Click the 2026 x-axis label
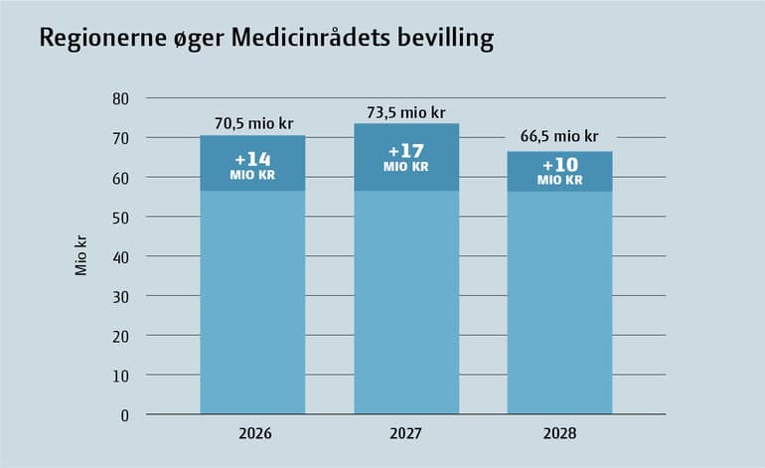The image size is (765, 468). click(253, 434)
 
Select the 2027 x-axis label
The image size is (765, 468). click(406, 434)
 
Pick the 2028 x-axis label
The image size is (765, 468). click(559, 434)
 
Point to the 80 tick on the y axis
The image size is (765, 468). click(122, 98)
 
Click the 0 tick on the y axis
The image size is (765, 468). click(126, 415)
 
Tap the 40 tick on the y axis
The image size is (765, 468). click(122, 256)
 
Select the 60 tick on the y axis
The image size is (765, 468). click(122, 178)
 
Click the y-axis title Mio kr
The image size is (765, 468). click(82, 256)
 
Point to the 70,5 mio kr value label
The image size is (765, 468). click(253, 124)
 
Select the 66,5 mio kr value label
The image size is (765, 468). click(559, 137)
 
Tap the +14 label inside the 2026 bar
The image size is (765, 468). click(253, 159)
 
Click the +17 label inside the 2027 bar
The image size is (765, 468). click(406, 152)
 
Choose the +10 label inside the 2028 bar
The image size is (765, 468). click(559, 166)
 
